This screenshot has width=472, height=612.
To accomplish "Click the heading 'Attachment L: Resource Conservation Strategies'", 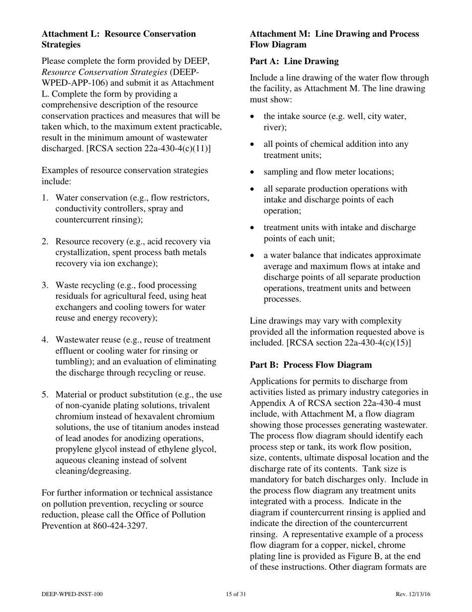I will (x=119, y=39).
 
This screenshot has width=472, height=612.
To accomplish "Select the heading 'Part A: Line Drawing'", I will (x=294, y=61).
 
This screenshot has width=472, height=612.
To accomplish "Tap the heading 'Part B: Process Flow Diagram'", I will (x=311, y=365).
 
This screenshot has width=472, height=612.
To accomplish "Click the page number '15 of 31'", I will (x=236, y=594).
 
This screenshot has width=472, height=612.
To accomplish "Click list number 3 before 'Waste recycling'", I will (x=45, y=285).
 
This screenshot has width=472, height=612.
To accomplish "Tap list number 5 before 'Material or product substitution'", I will (x=45, y=395).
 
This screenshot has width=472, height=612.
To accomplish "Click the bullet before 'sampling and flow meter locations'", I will (x=253, y=172).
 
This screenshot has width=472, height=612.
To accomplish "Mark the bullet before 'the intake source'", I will (x=253, y=117).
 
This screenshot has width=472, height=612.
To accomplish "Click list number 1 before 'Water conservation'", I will (x=45, y=198).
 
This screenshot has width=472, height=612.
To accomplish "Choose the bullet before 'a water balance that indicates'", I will (x=253, y=256).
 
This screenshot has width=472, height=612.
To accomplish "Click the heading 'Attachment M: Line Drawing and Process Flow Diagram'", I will (x=334, y=39).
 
